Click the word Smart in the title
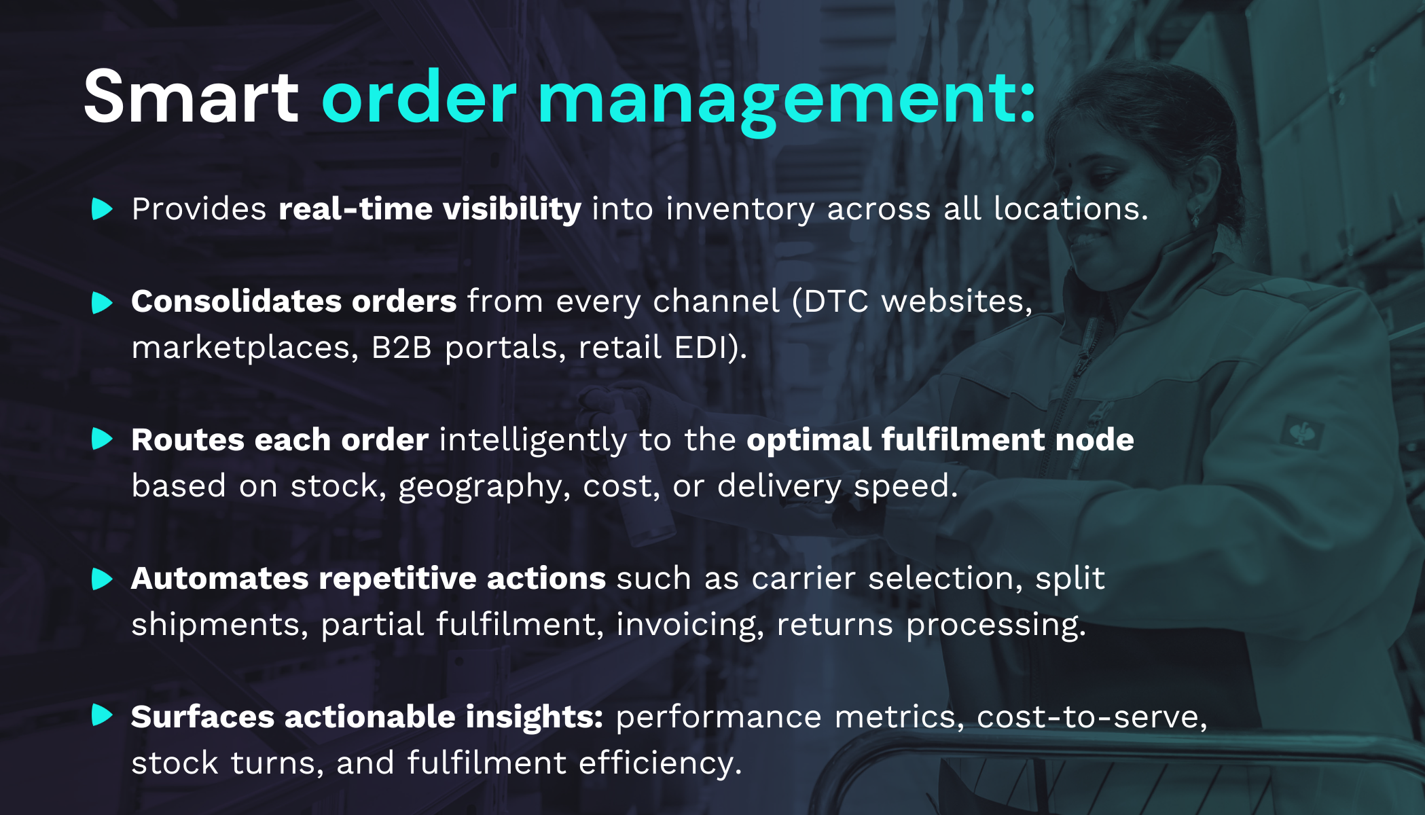coord(191,98)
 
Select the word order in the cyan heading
coord(419,98)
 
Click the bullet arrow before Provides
coord(102,209)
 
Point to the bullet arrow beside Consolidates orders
coord(102,302)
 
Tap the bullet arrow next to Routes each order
coord(102,439)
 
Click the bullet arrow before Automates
coord(102,579)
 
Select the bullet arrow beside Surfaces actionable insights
coord(102,715)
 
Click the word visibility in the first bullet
coord(512,209)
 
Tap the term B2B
coord(401,348)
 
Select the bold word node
coord(1094,440)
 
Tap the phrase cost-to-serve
coord(1091,717)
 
